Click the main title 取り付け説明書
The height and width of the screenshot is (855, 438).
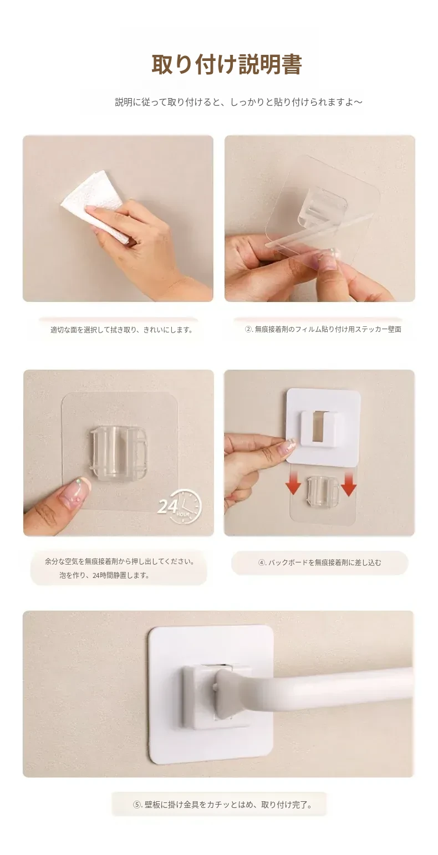pyautogui.click(x=227, y=64)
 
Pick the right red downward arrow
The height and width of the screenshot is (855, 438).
pyautogui.click(x=348, y=483)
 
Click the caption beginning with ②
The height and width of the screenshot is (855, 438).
pyautogui.click(x=323, y=329)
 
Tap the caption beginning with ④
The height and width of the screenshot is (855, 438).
pyautogui.click(x=319, y=562)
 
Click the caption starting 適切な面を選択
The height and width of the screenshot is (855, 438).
pyautogui.click(x=122, y=330)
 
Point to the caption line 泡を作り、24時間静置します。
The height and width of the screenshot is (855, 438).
pyautogui.click(x=105, y=575)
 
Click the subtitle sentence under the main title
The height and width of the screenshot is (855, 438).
pyautogui.click(x=239, y=102)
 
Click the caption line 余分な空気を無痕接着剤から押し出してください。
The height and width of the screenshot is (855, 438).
pyautogui.click(x=120, y=561)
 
